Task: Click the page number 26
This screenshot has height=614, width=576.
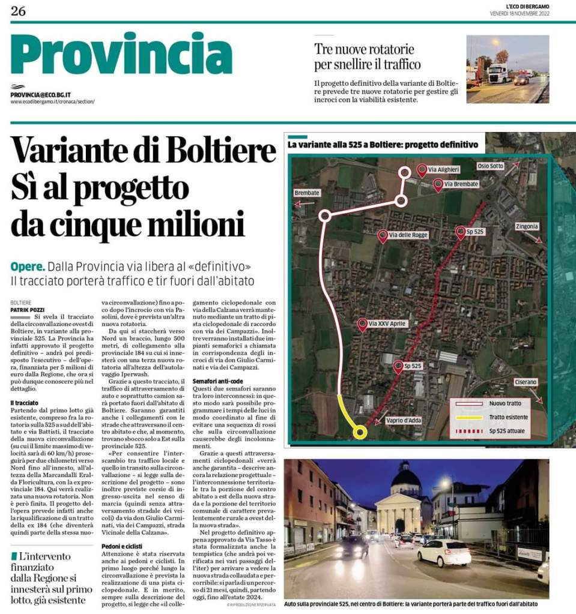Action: [x=18, y=10]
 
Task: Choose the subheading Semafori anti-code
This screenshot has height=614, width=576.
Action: [x=217, y=381]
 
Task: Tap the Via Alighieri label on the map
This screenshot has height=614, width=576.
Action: [x=444, y=170]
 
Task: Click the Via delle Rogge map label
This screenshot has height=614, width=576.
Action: [x=408, y=235]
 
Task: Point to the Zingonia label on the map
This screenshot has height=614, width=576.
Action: [x=526, y=226]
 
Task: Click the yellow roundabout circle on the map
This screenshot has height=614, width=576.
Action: [x=360, y=431]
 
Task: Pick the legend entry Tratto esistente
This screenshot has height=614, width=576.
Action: [x=508, y=417]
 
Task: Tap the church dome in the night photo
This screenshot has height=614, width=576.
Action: [x=406, y=478]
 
